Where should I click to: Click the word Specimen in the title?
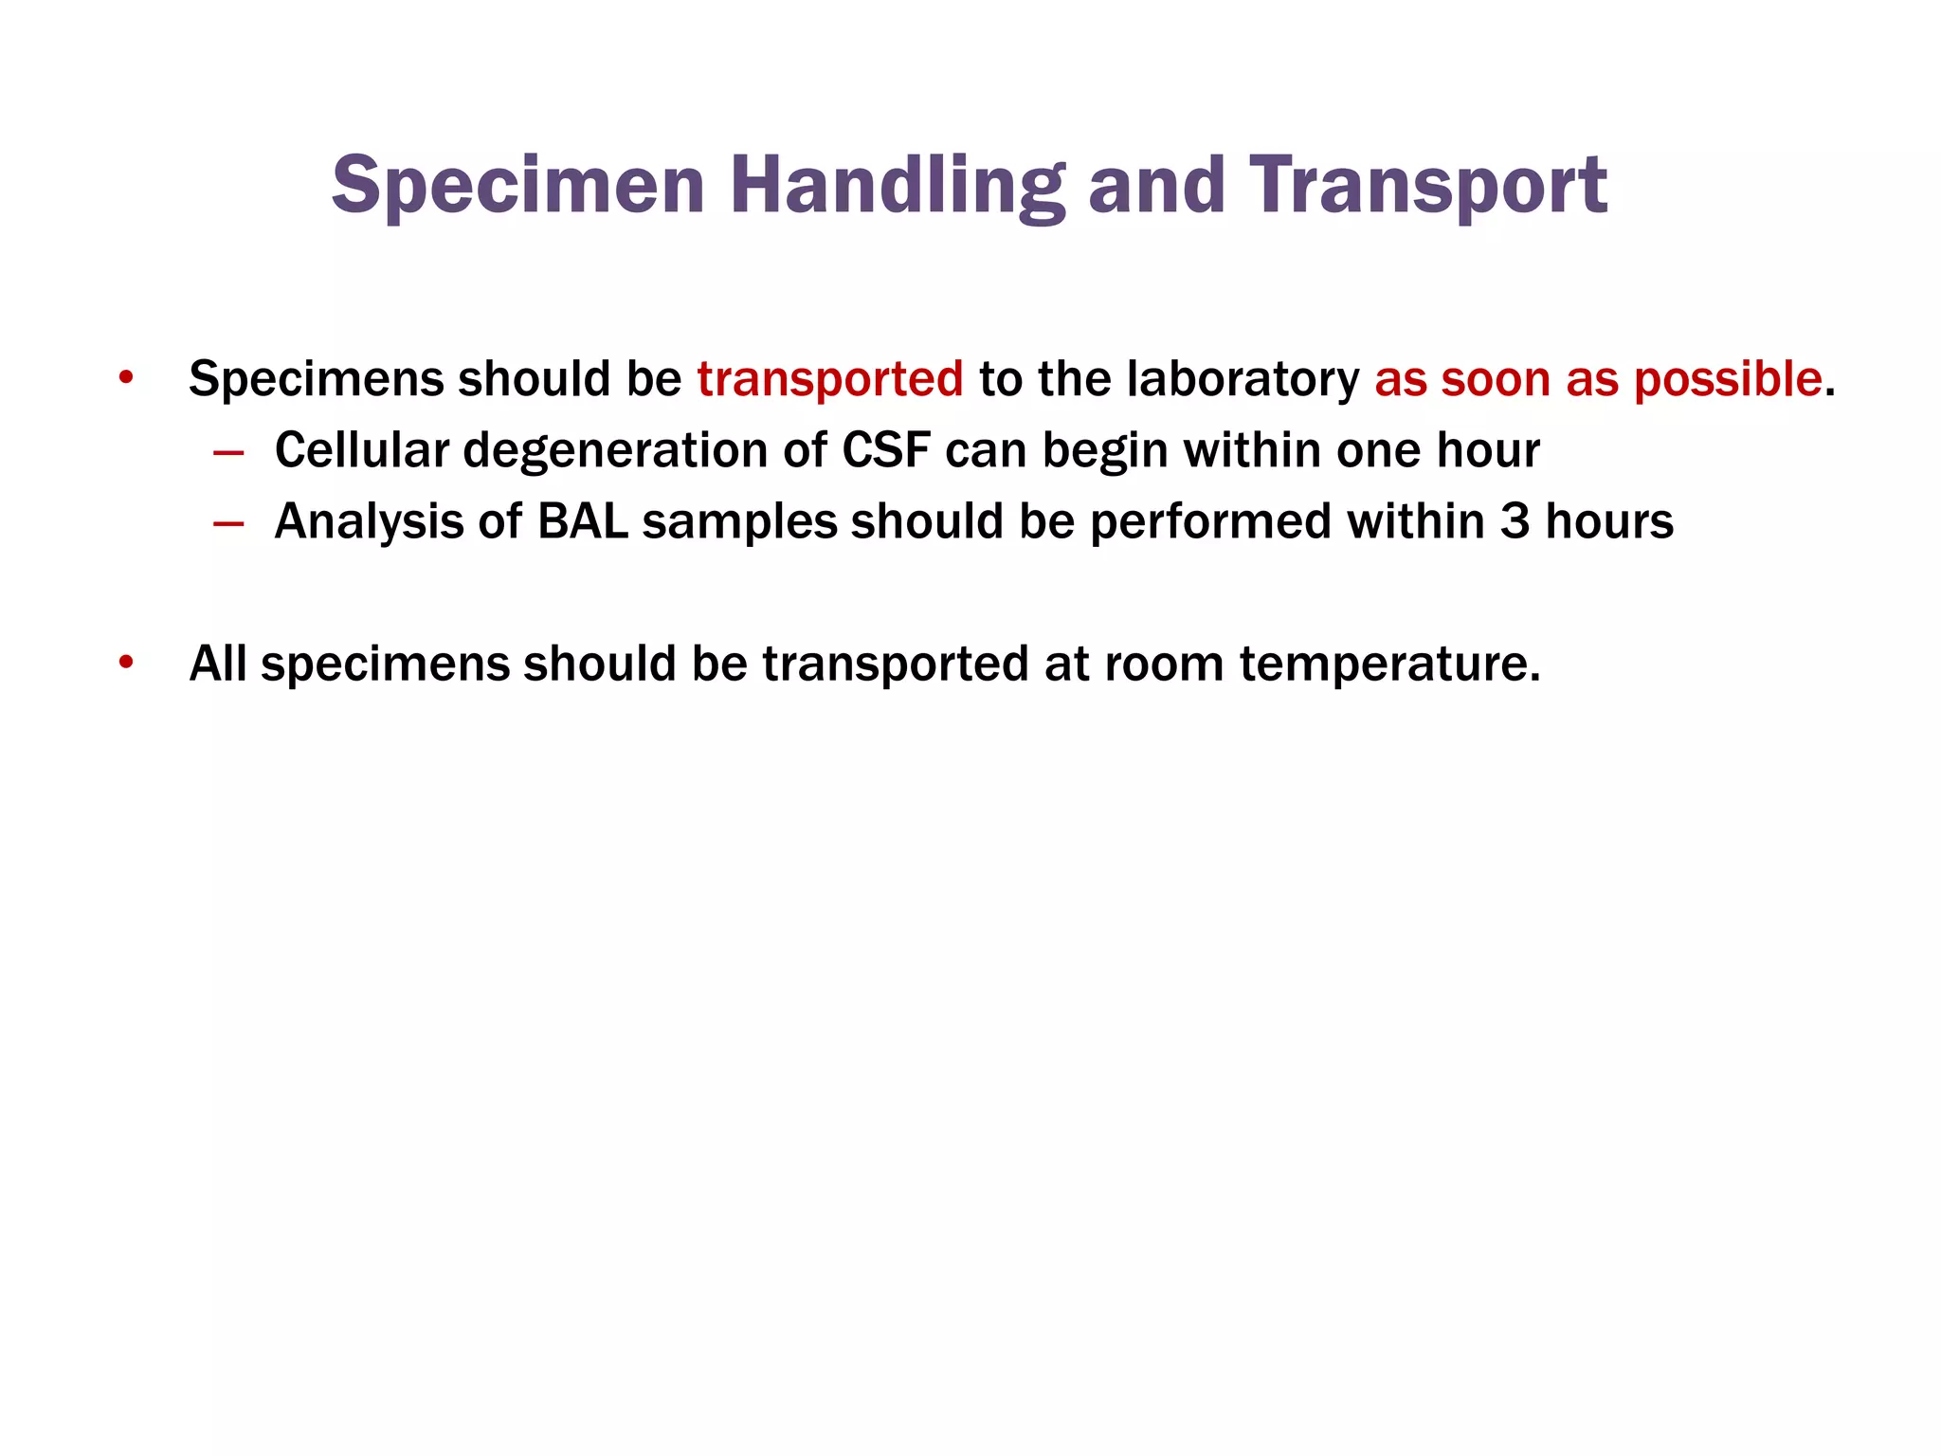coord(517,186)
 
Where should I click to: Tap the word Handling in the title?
coord(897,186)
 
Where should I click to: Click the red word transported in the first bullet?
coord(830,379)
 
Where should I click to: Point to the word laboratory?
coord(1243,379)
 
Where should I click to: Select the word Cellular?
coord(361,450)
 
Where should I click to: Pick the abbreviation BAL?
coord(583,521)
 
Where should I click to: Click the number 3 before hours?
coord(1514,521)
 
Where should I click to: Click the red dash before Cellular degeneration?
coord(228,452)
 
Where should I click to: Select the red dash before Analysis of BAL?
coord(228,523)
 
